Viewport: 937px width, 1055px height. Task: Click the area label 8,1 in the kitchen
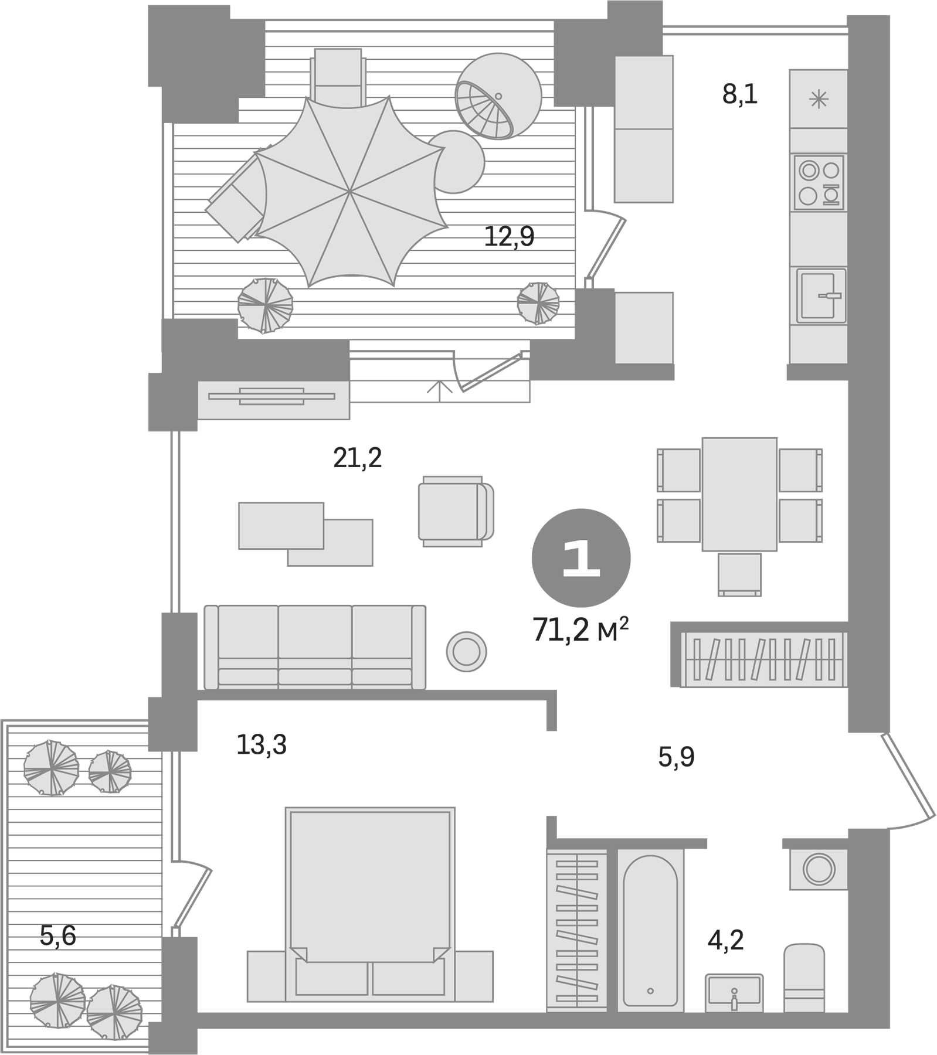coord(739,94)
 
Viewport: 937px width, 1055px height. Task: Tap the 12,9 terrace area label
coord(509,237)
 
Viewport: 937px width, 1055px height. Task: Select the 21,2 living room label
coord(357,458)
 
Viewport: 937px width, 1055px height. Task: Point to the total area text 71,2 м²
coord(580,631)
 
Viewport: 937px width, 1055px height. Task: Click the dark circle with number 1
coord(580,557)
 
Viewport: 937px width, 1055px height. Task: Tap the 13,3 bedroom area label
coord(261,745)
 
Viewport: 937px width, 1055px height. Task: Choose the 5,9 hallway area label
coord(676,757)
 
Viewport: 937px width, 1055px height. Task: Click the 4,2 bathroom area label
coord(725,957)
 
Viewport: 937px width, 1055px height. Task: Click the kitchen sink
coord(820,295)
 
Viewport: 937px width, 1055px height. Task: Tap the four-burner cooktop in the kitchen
coord(819,182)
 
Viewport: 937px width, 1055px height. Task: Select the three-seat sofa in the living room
coord(315,646)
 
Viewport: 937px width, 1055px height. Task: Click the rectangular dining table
coord(739,494)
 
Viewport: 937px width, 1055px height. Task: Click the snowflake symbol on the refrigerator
coord(818,99)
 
